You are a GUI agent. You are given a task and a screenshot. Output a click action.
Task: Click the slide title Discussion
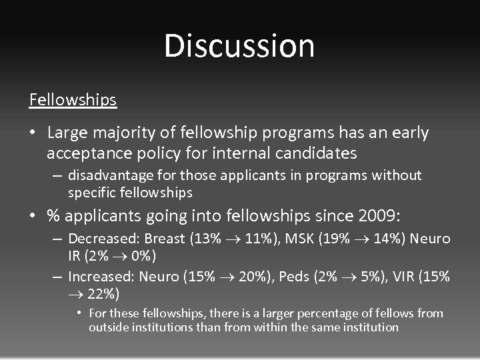coord(239,46)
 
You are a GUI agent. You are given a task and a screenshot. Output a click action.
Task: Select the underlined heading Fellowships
coord(73,100)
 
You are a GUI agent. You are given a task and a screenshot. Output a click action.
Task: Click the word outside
coord(109,327)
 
